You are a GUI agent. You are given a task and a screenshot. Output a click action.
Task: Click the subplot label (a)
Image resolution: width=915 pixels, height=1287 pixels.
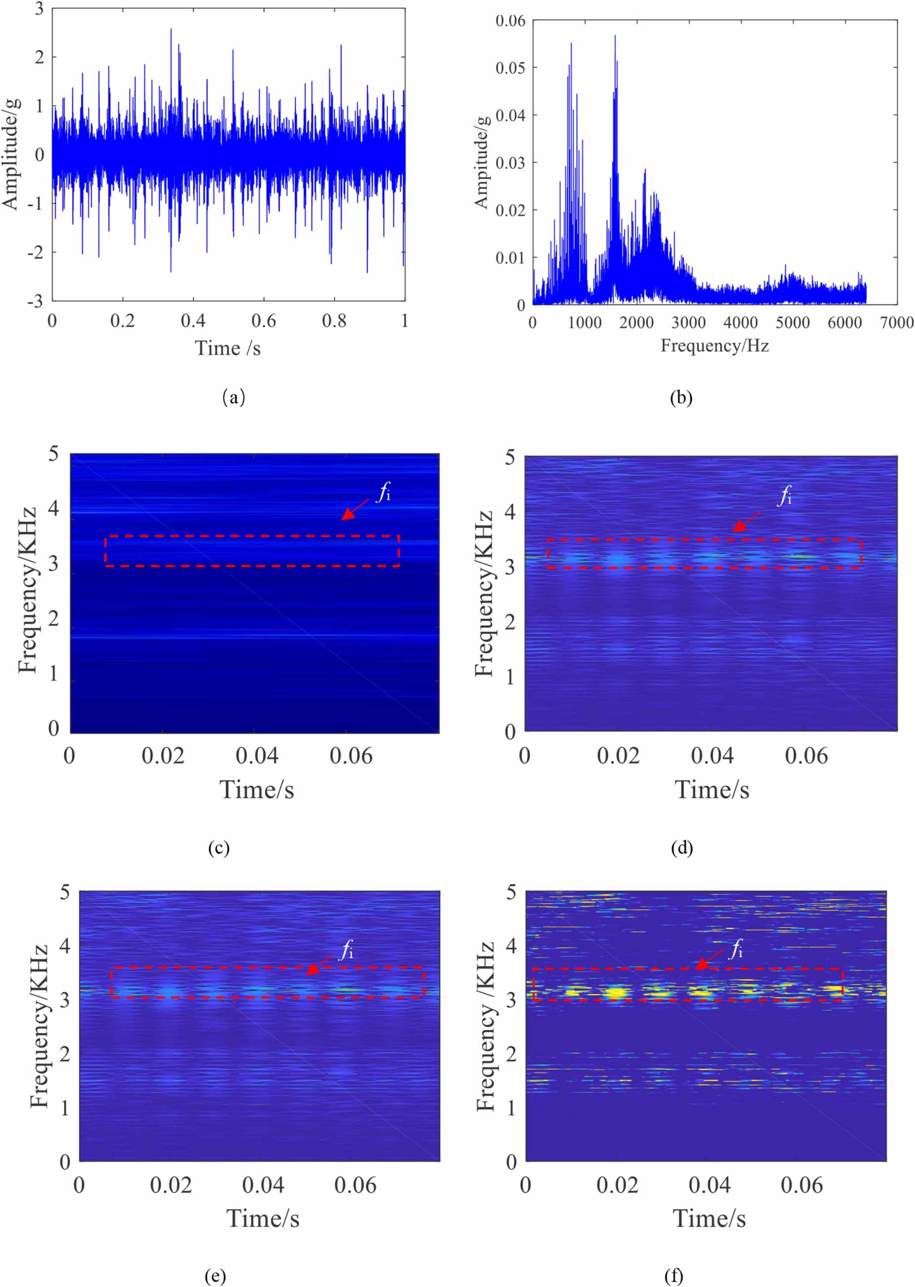point(234,397)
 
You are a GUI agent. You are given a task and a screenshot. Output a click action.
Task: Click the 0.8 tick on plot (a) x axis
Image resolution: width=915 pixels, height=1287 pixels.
point(334,321)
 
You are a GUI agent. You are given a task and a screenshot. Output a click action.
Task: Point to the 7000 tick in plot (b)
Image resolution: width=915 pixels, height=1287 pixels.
point(896,323)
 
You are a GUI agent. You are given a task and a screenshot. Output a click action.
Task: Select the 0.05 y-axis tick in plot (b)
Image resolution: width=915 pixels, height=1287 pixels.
point(510,68)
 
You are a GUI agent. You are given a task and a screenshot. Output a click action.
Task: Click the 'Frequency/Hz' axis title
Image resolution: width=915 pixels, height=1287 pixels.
point(714,345)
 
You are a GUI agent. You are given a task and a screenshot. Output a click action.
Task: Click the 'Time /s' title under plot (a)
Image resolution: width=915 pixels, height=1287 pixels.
point(228,348)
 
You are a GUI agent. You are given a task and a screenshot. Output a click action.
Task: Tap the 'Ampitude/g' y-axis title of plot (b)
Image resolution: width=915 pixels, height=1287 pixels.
point(481,163)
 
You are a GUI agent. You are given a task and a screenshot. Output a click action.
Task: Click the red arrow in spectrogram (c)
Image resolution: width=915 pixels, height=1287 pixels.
point(355,509)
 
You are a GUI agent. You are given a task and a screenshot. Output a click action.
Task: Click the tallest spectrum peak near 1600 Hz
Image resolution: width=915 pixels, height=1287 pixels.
point(615,37)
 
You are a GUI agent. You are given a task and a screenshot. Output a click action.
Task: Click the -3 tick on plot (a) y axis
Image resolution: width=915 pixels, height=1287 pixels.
point(36,301)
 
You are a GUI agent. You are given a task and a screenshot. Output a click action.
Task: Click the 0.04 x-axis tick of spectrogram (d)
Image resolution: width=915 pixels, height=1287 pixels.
point(712,756)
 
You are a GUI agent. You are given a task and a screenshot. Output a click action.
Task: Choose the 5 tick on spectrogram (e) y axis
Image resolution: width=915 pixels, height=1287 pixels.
point(65,892)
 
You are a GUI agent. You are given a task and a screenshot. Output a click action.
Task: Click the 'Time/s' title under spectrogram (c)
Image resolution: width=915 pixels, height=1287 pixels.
point(256,790)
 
